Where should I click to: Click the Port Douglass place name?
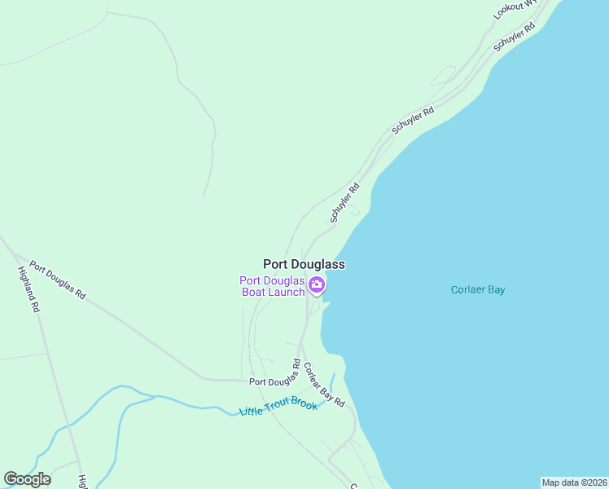pyautogui.click(x=304, y=265)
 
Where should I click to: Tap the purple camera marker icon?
pyautogui.click(x=317, y=286)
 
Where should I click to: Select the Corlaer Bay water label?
pyautogui.click(x=478, y=289)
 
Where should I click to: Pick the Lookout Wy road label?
pyautogui.click(x=515, y=10)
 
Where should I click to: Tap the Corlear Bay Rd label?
pyautogui.click(x=324, y=385)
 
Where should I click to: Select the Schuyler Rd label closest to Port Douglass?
pyautogui.click(x=344, y=204)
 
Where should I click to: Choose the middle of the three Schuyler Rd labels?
pyautogui.click(x=413, y=120)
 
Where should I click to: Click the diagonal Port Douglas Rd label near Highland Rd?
pyautogui.click(x=58, y=280)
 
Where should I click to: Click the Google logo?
pyautogui.click(x=27, y=479)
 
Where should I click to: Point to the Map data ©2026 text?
pyautogui.click(x=574, y=482)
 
